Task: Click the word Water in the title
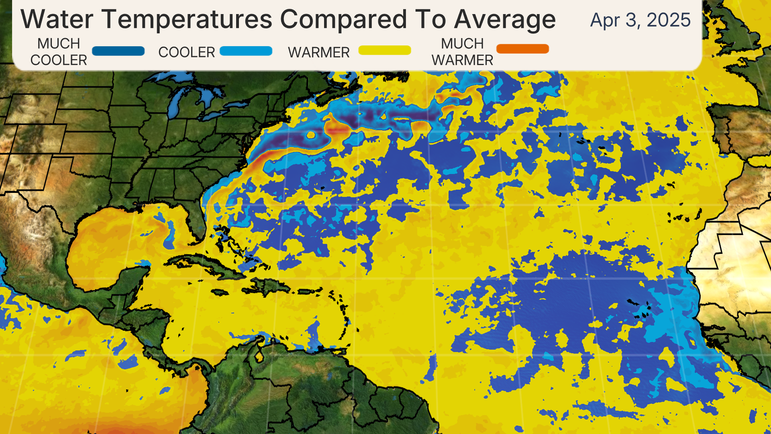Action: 57,20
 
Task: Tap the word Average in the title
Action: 505,20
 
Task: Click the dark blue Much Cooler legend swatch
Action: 118,51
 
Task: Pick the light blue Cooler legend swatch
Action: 246,51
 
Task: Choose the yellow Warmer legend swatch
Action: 384,50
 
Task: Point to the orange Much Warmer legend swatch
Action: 522,49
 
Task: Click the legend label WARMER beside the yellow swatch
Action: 318,53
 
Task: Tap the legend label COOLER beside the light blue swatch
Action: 186,53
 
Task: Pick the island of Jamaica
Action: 219,293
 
